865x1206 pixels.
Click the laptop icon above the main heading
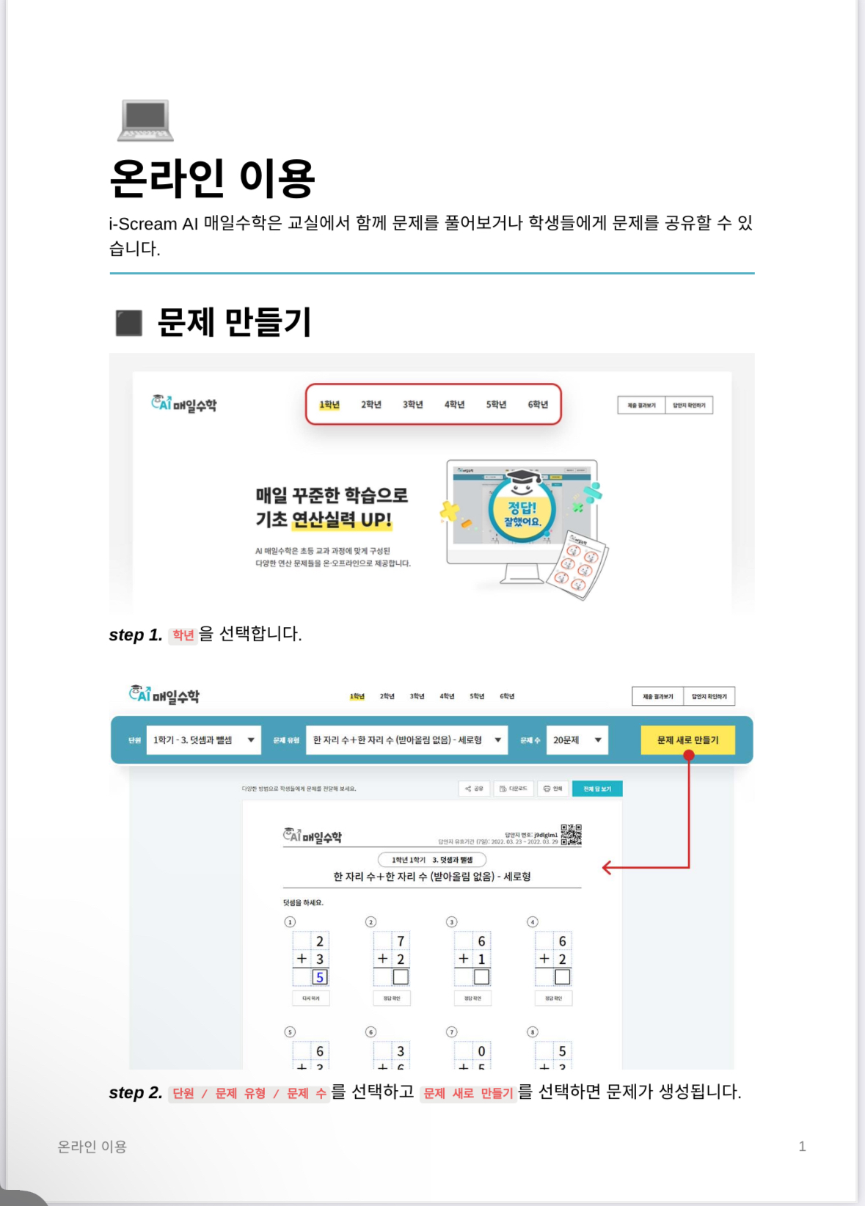coord(145,120)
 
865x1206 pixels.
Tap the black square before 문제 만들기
coord(129,323)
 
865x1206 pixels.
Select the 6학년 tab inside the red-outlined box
coord(538,404)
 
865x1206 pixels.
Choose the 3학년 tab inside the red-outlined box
coord(412,404)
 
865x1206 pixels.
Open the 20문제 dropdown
coord(577,740)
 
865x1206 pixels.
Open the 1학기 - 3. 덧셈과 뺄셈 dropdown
coord(203,740)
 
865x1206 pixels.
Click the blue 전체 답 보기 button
coord(596,789)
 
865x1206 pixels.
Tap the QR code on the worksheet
coord(571,835)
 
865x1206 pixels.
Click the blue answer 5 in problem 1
coord(320,977)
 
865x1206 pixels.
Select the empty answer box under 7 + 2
coord(401,977)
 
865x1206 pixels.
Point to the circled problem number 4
coord(533,922)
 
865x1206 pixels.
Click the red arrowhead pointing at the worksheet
coord(607,868)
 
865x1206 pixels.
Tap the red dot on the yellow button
coord(688,755)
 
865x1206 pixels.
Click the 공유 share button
coord(474,789)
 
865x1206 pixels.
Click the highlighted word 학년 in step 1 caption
coord(183,635)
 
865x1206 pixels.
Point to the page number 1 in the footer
coord(802,1147)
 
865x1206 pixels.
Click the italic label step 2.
coord(135,1093)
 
